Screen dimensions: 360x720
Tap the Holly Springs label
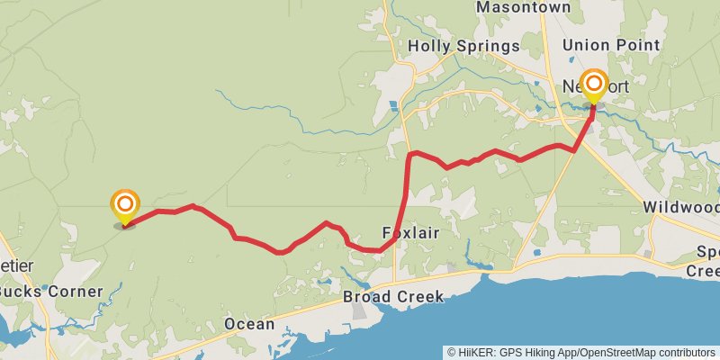click(x=463, y=46)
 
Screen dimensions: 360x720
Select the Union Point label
click(x=611, y=45)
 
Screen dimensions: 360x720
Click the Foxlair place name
click(x=410, y=232)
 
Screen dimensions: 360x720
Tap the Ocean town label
click(x=249, y=324)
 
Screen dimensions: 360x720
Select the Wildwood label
click(x=681, y=207)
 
